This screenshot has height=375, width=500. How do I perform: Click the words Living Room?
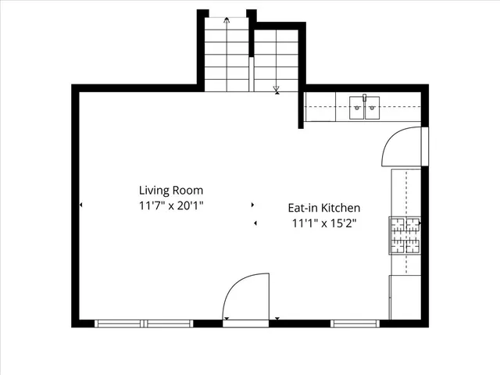pyautogui.click(x=170, y=190)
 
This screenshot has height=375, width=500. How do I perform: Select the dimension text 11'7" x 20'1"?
pyautogui.click(x=170, y=206)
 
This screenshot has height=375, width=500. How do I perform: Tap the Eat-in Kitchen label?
pyautogui.click(x=324, y=208)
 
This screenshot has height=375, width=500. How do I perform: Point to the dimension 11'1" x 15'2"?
pyautogui.click(x=324, y=224)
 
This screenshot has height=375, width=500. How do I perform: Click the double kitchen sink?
pyautogui.click(x=364, y=107)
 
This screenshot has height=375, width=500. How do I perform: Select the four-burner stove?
pyautogui.click(x=405, y=235)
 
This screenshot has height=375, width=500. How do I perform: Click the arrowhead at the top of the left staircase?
pyautogui.click(x=227, y=20)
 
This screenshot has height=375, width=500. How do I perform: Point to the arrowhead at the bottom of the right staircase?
pyautogui.click(x=277, y=91)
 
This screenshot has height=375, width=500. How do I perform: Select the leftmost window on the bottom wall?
pyautogui.click(x=120, y=323)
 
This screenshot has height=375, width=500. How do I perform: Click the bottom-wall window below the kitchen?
pyautogui.click(x=355, y=323)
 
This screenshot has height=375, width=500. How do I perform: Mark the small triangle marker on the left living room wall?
pyautogui.click(x=81, y=205)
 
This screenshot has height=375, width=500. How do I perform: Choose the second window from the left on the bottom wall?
pyautogui.click(x=169, y=323)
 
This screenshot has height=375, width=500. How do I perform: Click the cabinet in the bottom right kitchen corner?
pyautogui.click(x=405, y=297)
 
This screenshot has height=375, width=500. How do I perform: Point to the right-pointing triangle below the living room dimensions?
pyautogui.click(x=252, y=205)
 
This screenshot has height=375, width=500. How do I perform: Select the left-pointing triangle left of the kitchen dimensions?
pyautogui.click(x=255, y=224)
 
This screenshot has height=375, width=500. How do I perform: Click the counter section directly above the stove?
pyautogui.click(x=405, y=192)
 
